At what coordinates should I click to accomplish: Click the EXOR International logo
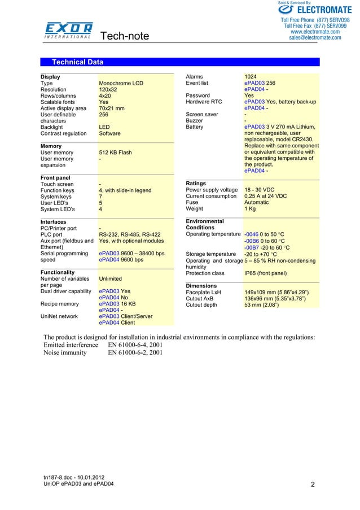click(69, 30)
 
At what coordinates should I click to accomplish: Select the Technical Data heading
click(77, 62)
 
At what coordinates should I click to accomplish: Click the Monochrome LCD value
click(121, 84)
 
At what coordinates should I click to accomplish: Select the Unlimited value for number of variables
click(111, 279)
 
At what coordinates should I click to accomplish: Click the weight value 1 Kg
click(251, 209)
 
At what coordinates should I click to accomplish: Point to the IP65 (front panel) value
click(268, 273)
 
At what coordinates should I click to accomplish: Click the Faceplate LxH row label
click(203, 293)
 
